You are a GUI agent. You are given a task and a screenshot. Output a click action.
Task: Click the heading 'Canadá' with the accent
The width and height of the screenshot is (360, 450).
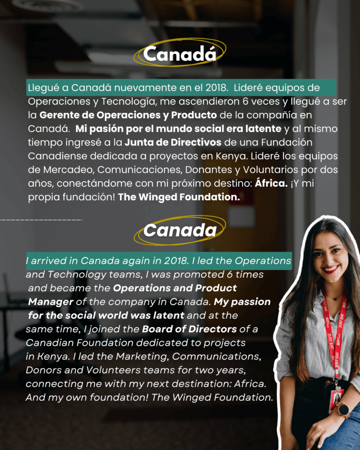point(180,54)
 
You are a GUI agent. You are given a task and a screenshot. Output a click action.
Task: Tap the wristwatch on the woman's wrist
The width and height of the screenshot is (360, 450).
point(343,410)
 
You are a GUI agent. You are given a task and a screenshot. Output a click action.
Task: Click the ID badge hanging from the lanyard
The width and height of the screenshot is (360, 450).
point(336,399)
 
